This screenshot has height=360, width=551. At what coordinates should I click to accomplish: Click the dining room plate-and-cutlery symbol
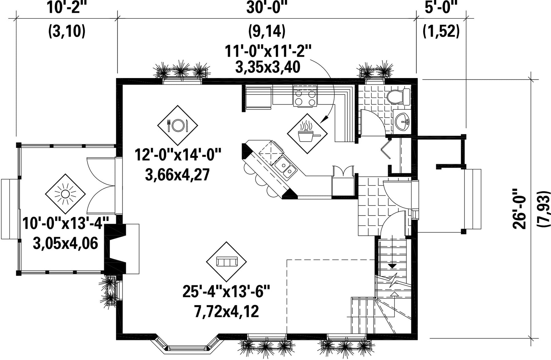(x=178, y=125)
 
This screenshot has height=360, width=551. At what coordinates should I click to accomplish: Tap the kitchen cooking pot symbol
(x=307, y=134)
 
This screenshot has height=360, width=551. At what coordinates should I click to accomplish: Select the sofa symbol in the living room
(x=227, y=262)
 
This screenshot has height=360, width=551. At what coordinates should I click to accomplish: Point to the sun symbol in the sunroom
(x=65, y=194)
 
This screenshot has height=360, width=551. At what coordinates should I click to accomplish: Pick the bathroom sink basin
(x=402, y=122)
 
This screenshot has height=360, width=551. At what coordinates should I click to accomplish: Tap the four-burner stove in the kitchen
(x=305, y=96)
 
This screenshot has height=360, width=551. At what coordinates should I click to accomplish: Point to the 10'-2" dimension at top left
(x=67, y=7)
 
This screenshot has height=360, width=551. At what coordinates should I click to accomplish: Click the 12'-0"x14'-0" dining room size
(x=178, y=155)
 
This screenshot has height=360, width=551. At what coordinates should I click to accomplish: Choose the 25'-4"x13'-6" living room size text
(x=227, y=291)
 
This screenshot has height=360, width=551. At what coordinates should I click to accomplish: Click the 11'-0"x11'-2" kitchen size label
(x=268, y=51)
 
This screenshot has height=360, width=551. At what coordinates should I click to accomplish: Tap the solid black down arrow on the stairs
(x=392, y=266)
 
